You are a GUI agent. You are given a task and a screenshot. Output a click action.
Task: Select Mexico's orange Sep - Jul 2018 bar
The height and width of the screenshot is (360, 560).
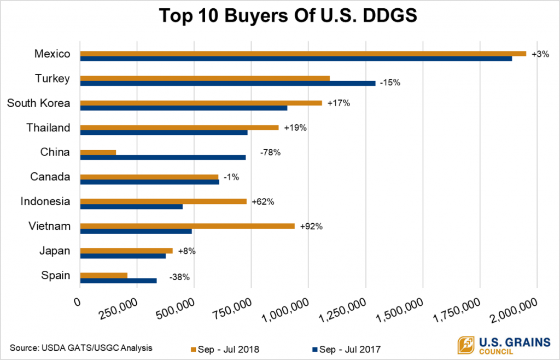[303, 54]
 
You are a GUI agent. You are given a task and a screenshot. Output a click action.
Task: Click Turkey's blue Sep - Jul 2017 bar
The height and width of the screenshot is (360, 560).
[227, 83]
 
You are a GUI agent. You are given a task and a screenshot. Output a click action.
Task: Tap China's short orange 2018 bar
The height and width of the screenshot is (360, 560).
[98, 152]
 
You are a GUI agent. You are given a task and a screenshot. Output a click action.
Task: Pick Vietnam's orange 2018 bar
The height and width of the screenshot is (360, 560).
[187, 226]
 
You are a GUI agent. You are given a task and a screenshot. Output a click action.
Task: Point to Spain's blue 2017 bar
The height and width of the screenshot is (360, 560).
[118, 281]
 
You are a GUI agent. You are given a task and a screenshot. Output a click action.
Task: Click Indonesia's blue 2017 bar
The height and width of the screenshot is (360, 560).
[131, 206]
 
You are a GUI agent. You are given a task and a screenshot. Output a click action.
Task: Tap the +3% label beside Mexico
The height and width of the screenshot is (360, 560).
[540, 54]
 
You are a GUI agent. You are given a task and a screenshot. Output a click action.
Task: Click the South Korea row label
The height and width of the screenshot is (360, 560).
[38, 103]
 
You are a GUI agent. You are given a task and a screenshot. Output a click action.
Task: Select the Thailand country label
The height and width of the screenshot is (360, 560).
[48, 127]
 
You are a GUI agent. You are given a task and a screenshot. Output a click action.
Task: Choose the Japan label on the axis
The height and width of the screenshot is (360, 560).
[55, 251]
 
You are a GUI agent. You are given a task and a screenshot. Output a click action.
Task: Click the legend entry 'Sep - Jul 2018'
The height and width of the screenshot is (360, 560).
[224, 349]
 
